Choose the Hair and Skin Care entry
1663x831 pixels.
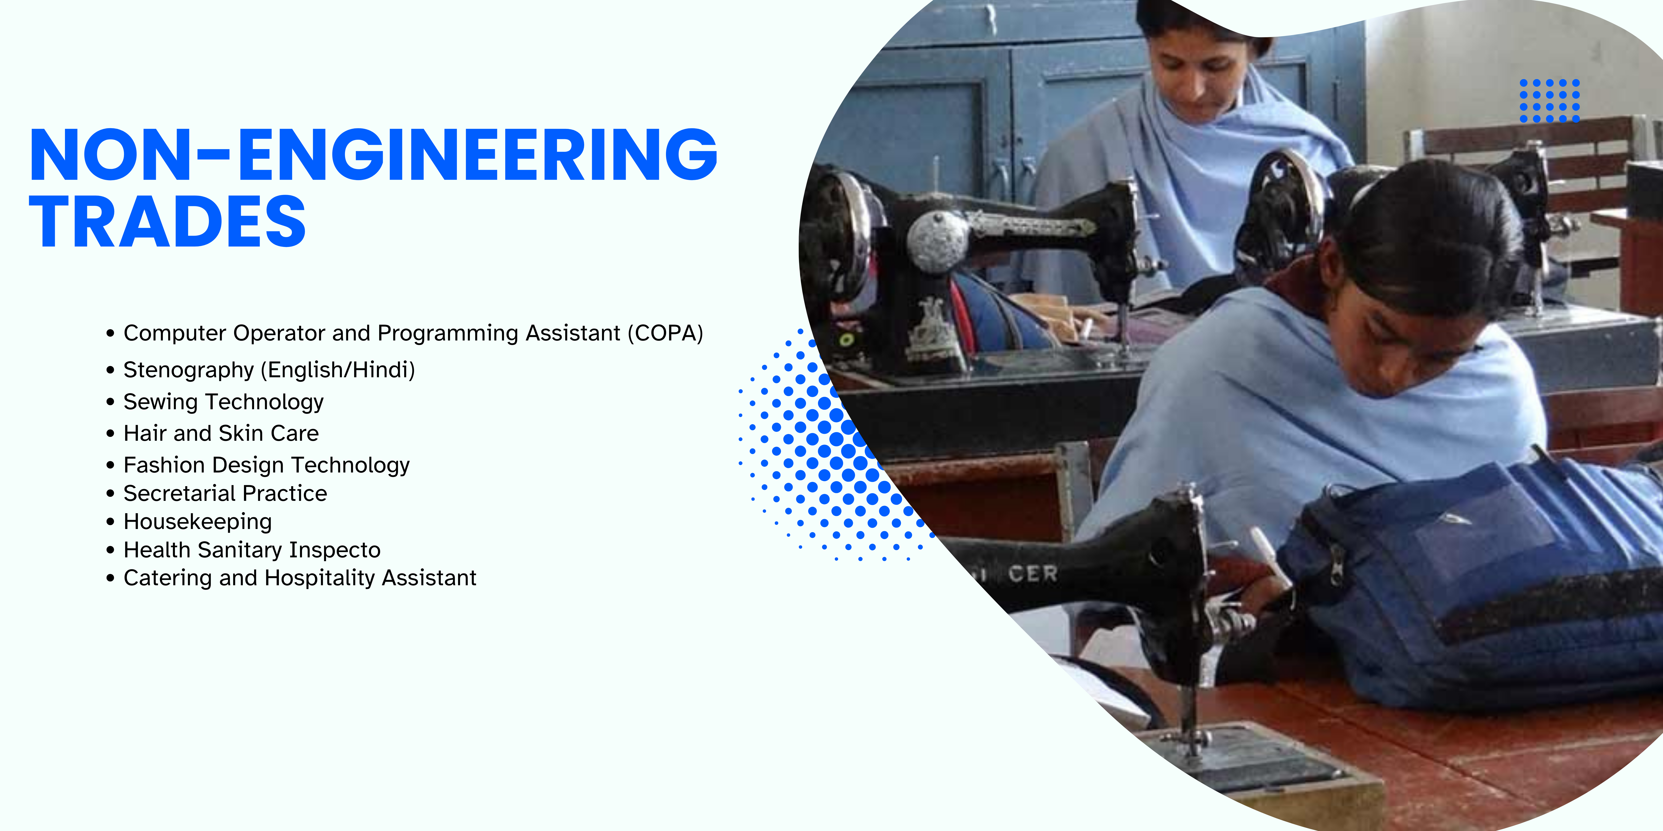point(221,433)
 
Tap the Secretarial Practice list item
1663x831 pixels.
point(225,493)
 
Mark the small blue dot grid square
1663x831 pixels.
point(1549,101)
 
